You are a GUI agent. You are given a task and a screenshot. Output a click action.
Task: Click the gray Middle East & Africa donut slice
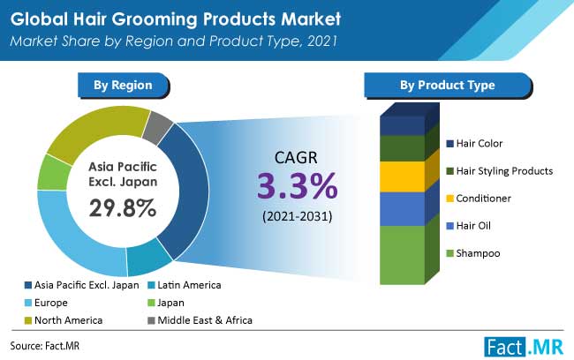(157, 127)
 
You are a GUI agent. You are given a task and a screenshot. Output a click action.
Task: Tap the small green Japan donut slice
(53, 173)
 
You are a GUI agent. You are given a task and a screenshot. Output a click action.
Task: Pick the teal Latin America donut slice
(148, 258)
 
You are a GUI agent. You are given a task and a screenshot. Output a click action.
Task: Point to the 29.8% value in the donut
(123, 208)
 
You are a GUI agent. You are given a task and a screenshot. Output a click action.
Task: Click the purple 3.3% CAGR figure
(297, 186)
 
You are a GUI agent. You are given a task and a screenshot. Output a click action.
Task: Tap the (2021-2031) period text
(298, 216)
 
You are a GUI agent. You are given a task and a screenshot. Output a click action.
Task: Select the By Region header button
(124, 86)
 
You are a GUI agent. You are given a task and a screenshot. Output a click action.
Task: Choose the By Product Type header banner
(448, 86)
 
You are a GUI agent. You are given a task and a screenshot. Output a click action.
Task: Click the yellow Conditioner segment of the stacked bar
(403, 176)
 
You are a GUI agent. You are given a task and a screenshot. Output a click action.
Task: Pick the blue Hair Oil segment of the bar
(403, 209)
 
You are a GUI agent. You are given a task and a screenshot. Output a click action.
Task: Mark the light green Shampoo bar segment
(403, 255)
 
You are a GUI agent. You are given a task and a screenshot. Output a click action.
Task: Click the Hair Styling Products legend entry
(500, 171)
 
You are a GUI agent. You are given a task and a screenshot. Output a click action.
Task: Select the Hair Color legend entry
(474, 144)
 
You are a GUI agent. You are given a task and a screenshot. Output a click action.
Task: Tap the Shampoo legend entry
(473, 253)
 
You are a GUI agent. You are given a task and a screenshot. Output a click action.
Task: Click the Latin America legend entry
(185, 285)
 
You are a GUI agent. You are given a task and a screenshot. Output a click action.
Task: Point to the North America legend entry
(64, 320)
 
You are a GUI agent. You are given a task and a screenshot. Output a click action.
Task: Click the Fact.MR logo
(524, 346)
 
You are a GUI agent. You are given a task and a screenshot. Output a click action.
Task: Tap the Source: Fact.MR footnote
(45, 346)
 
